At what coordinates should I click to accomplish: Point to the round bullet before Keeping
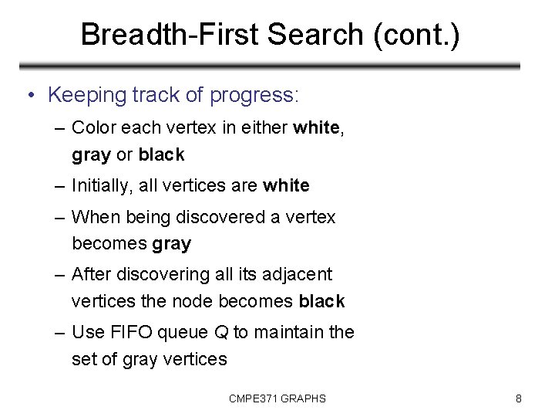(29, 96)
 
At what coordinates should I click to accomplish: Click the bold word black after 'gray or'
(161, 154)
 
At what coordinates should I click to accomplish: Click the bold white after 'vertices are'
(286, 185)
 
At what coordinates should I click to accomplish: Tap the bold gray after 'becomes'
(172, 244)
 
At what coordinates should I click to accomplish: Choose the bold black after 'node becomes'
(321, 301)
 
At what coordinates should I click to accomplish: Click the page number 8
(519, 398)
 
